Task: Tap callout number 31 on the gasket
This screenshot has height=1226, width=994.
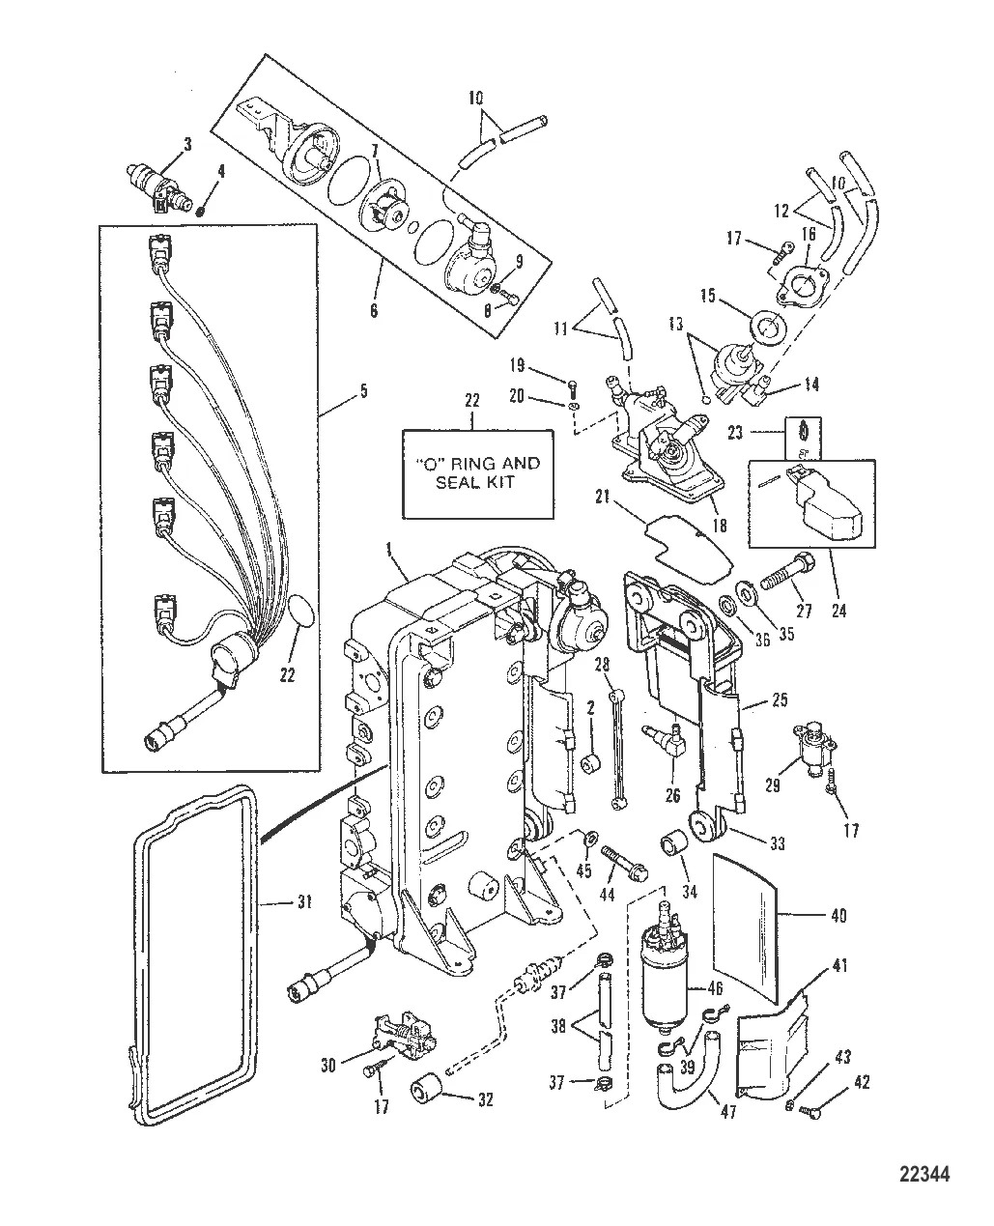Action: (304, 903)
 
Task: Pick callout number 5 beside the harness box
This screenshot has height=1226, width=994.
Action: (336, 392)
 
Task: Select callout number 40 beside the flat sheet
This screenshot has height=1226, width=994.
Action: (838, 915)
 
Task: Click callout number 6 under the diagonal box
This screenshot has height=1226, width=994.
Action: (374, 311)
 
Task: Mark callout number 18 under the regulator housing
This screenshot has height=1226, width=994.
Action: (716, 523)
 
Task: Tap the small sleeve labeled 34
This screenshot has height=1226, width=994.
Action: (672, 846)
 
